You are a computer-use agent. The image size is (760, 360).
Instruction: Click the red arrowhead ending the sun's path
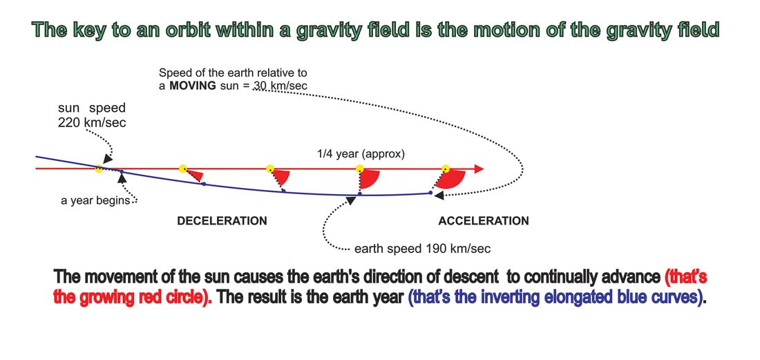[479, 169]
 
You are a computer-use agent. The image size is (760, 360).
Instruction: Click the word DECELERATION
[222, 221]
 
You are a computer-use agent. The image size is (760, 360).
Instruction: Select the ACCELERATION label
[484, 221]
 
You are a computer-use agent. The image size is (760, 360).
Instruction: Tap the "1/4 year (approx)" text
[361, 155]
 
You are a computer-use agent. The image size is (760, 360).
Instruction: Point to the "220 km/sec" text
[92, 122]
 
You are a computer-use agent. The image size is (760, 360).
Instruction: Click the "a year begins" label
[95, 200]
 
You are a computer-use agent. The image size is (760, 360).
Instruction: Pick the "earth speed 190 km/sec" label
[423, 249]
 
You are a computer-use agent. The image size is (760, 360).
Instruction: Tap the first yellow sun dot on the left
[99, 169]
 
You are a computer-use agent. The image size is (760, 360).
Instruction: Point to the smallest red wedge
[196, 176]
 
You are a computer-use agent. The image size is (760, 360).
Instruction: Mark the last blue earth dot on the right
[430, 193]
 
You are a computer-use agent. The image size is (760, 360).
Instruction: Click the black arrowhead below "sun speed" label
[108, 158]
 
